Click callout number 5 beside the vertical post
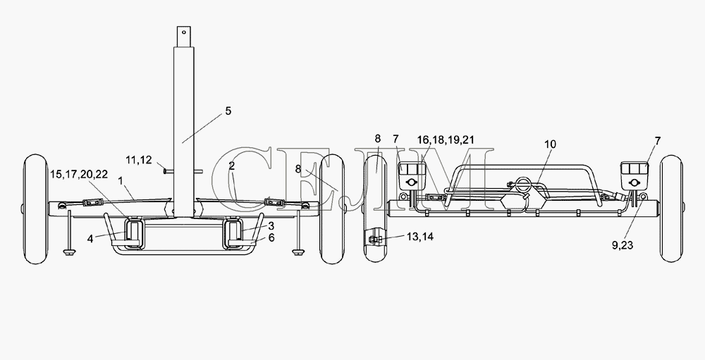228,111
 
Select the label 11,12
138,159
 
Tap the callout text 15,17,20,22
79,174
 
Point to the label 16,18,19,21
445,139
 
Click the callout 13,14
420,237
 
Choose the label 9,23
623,245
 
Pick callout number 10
550,144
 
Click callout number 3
271,226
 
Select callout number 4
90,239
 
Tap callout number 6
271,237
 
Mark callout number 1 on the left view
120,180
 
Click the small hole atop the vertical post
184,32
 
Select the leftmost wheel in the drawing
35,209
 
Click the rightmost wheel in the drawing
672,209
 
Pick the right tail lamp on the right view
634,175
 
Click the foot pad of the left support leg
69,252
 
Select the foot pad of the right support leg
298,252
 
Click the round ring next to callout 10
523,184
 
